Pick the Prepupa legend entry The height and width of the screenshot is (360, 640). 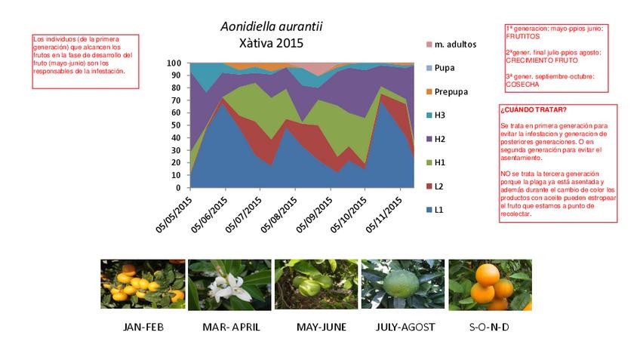coord(451,91)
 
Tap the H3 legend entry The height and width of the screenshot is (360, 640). coord(439,115)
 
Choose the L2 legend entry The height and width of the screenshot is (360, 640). coord(438,186)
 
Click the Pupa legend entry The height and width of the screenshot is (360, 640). coord(444,68)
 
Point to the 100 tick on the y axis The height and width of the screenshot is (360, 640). coord(174,63)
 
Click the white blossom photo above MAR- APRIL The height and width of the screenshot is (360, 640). coord(229,285)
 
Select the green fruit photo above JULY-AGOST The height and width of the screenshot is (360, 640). coord(402,285)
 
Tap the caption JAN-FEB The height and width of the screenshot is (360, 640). coord(143,327)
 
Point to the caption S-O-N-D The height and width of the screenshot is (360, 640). coord(489,327)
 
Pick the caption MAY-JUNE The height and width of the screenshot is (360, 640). coord(315,327)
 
